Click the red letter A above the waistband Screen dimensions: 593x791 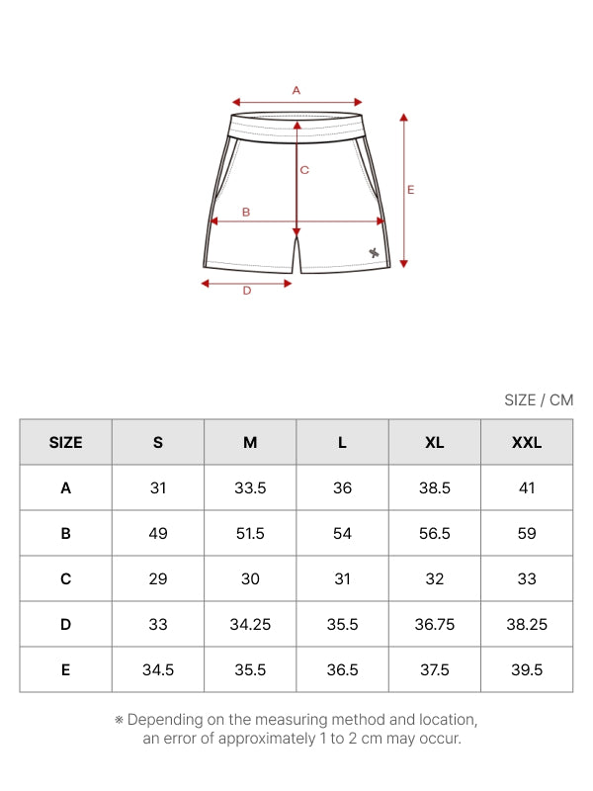coord(296,90)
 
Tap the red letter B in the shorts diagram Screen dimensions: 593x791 coord(246,213)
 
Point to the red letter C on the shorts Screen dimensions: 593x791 coord(304,170)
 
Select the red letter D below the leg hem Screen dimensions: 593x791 coord(246,291)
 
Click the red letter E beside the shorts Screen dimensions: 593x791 coord(410,190)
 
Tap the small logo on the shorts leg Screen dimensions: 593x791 coord(374,253)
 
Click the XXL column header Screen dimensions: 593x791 coord(527,442)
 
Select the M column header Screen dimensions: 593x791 coord(250,442)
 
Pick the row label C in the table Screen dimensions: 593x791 coord(65,578)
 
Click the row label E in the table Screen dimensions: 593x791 coord(65,670)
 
